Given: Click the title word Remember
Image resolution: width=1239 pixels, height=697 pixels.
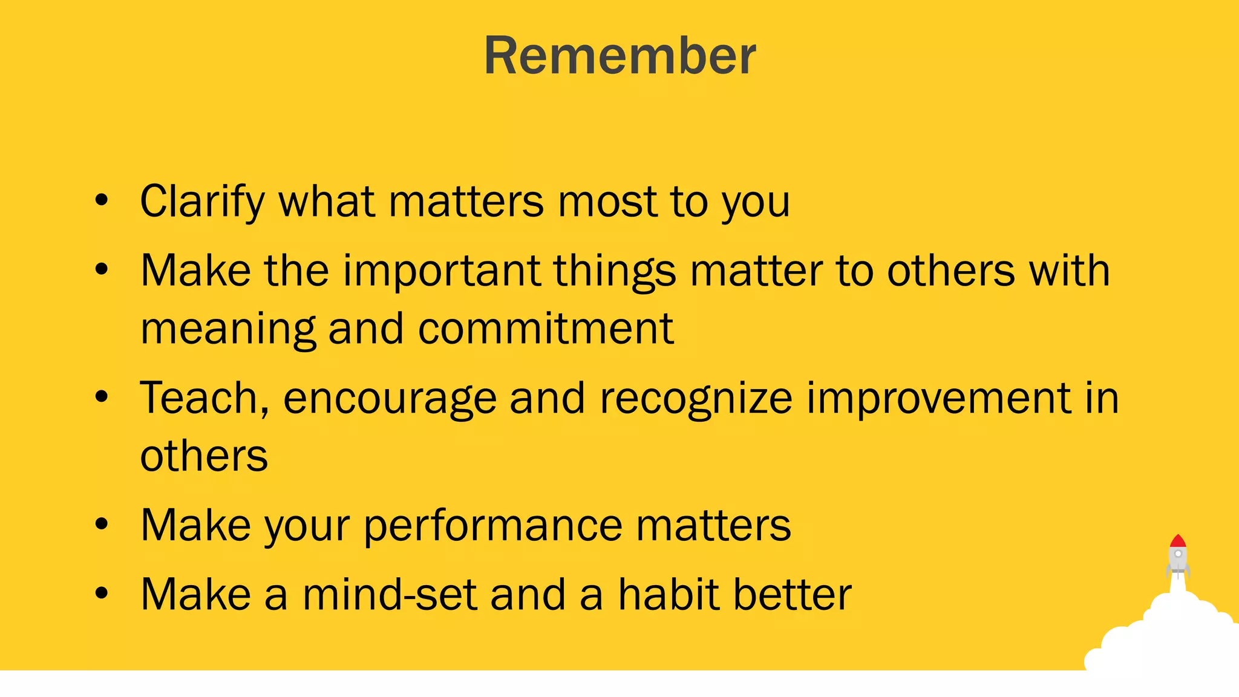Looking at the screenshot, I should pyautogui.click(x=619, y=56).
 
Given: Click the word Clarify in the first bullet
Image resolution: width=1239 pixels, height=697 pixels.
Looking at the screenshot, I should pyautogui.click(x=202, y=202).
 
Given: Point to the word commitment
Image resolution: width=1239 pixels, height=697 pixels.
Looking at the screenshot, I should pyautogui.click(x=545, y=329).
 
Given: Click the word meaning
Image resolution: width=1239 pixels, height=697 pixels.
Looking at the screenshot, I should pyautogui.click(x=227, y=330).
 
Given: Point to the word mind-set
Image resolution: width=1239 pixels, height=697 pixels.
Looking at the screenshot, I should pyautogui.click(x=390, y=595).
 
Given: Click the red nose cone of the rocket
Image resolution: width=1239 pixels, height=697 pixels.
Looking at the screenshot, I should pyautogui.click(x=1177, y=541).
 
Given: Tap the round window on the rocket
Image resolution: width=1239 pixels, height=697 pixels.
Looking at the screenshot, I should pyautogui.click(x=1178, y=554).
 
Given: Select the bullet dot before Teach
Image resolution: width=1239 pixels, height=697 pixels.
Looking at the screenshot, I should pyautogui.click(x=102, y=398).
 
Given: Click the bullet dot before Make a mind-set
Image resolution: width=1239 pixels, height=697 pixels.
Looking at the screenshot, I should pyautogui.click(x=102, y=594).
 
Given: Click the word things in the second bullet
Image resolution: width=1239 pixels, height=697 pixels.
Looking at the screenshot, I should pyautogui.click(x=614, y=271).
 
